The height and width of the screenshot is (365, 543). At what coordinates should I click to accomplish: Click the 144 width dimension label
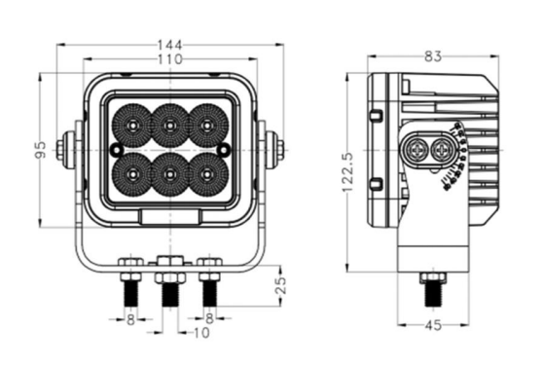169,45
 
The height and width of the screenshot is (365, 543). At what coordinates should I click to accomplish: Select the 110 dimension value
170,59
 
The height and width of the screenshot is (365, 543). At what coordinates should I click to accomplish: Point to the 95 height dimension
41,150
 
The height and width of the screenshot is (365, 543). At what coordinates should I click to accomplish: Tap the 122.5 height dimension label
347,172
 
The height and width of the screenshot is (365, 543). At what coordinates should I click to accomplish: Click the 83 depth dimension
433,56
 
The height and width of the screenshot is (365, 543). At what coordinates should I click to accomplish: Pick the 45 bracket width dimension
433,325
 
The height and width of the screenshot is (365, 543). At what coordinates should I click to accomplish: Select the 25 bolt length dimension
281,285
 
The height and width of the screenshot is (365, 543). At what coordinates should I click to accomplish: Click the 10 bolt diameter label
201,333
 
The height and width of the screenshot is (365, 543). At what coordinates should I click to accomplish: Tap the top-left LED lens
132,125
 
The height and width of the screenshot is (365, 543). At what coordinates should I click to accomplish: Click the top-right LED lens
207,125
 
